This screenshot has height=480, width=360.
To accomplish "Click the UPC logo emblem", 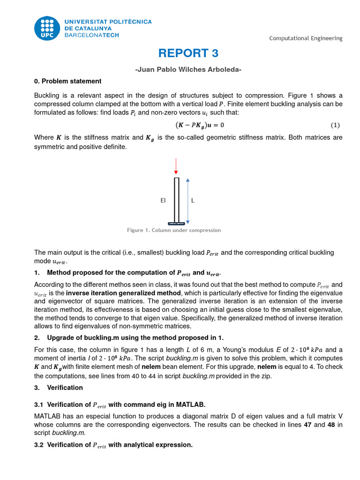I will pos(47,28).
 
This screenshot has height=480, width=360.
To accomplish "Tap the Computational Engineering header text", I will pos(306,38).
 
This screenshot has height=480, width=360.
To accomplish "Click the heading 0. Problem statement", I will pos(67,81).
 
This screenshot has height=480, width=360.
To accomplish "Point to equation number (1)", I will pos(335,125).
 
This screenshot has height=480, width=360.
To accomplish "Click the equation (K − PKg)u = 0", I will pos(200,125).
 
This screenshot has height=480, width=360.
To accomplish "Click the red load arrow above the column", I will pos(176,166).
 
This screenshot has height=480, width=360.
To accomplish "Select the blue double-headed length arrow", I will pos(187,201).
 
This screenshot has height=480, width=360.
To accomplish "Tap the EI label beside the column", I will pos(163,200).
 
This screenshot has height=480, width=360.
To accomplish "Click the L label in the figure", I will pos(193,200).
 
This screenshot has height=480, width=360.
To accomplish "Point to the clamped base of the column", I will pos(176,223).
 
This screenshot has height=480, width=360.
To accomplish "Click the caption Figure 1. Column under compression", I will pos(174,230).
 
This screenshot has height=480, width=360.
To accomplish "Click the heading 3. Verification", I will pos(59,388).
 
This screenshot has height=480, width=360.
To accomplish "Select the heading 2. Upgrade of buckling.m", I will pos(129,338).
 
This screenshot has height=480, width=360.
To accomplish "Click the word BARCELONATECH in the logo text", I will pos(91,35).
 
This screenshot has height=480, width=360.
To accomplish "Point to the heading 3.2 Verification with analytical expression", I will pos(113,445).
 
